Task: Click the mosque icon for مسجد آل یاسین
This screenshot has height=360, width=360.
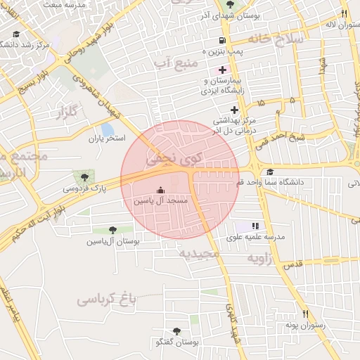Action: tap(160, 190)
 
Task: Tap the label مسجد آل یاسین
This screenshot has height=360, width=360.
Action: tap(161, 201)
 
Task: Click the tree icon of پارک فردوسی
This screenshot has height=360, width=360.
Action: tap(84, 177)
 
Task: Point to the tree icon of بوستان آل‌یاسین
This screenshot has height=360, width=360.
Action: tap(112, 230)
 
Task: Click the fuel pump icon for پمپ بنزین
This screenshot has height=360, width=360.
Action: tap(222, 40)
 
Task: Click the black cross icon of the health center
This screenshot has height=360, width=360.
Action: tap(234, 109)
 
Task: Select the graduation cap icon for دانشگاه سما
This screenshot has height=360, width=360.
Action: tap(270, 173)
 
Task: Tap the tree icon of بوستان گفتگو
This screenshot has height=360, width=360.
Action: tap(175, 330)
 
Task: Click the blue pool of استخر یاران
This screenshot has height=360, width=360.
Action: tap(108, 130)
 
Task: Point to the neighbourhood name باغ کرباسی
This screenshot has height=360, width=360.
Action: tap(105, 300)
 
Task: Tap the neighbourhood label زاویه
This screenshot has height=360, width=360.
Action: tap(264, 258)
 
